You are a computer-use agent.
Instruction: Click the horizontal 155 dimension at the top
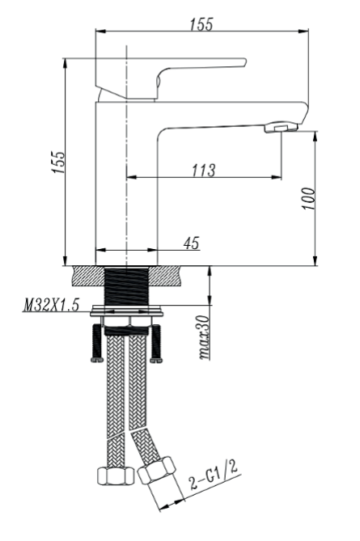[201, 24]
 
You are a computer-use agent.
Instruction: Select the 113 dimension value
[204, 170]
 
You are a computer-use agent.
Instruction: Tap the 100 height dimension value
[308, 199]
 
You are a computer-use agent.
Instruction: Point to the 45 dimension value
[191, 243]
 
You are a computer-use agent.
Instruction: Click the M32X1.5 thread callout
[51, 305]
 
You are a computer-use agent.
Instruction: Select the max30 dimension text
[205, 338]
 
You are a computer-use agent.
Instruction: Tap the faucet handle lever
[170, 78]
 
